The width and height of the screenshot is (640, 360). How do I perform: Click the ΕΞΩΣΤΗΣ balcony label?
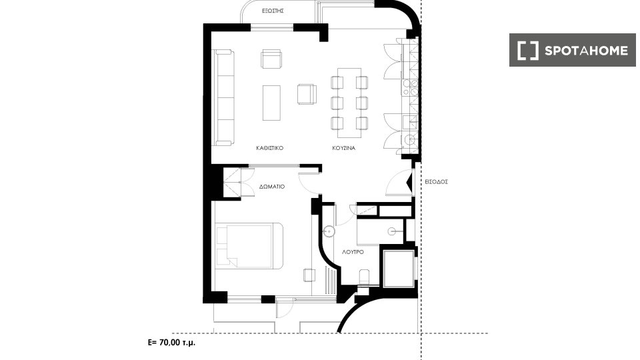click(273, 11)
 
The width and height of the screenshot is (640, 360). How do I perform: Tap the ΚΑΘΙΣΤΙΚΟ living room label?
click(269, 148)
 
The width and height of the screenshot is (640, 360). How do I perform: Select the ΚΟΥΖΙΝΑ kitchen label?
click(344, 148)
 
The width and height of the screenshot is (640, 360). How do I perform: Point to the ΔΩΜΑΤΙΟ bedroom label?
click(272, 187)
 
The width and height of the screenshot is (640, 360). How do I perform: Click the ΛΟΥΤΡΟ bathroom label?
click(353, 252)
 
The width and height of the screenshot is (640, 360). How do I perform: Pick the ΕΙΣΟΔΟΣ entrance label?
click(436, 181)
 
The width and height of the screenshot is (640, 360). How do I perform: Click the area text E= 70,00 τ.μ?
click(171, 343)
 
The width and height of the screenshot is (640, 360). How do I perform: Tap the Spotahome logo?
click(572, 50)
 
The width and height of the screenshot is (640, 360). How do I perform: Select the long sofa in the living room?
click(225, 97)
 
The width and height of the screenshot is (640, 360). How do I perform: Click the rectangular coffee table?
click(271, 103)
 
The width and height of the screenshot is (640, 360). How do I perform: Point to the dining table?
click(349, 103)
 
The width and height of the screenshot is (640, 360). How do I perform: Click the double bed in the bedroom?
click(249, 246)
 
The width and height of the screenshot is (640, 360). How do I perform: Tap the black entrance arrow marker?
click(409, 182)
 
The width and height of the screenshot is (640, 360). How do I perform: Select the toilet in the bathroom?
click(364, 277)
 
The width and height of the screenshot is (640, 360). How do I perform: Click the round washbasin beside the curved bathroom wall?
click(329, 232)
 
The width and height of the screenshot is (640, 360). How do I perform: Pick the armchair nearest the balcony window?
click(271, 59)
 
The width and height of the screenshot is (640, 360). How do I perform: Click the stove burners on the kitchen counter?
click(410, 87)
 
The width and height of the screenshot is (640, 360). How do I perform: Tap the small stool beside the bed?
click(309, 275)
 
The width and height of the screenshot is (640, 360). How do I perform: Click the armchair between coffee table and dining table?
click(307, 94)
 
